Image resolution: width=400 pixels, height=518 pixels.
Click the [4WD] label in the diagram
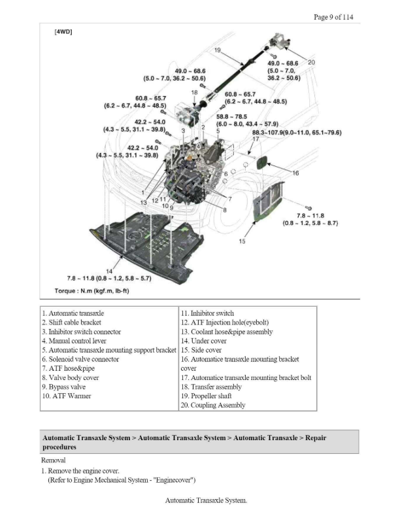[x=63, y=31]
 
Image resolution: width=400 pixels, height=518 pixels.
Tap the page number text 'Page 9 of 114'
[x=333, y=17]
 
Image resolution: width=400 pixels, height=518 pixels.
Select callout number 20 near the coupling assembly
[x=311, y=62]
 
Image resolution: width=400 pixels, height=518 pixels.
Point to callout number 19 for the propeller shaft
[x=217, y=50]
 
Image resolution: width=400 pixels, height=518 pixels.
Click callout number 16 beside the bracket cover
[x=295, y=173]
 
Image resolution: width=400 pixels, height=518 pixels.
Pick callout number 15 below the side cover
[x=242, y=241]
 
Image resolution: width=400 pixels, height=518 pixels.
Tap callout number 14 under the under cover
[x=109, y=271]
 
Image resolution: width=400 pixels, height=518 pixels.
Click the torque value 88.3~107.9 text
[x=297, y=133]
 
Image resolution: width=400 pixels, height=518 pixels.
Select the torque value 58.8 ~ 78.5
[x=231, y=116]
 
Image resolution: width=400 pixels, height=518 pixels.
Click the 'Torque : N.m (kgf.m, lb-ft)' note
[x=92, y=291]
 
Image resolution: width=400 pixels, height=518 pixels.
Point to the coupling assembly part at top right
[x=279, y=41]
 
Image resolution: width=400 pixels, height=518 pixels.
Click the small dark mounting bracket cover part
[x=262, y=162]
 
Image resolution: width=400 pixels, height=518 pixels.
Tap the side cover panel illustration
[x=269, y=201]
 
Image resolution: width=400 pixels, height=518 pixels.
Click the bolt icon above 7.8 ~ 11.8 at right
[x=308, y=208]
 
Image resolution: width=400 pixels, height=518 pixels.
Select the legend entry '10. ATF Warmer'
[x=67, y=396]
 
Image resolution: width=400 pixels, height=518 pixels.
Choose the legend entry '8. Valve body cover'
[x=71, y=377]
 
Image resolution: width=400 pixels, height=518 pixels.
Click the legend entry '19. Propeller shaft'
[x=207, y=396]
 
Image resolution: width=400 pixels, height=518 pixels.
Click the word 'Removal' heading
[x=54, y=460]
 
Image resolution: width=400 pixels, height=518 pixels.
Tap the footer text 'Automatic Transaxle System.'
[x=207, y=500]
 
